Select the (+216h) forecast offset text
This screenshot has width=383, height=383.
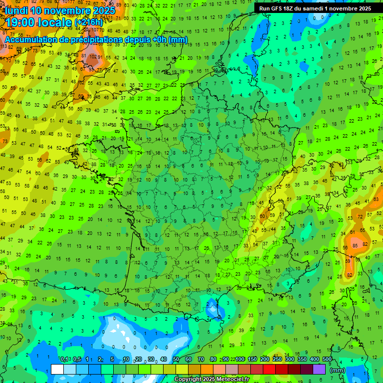tap(89, 23)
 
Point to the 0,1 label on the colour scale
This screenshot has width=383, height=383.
tap(64, 360)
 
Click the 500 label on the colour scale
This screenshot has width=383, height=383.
tap(327, 360)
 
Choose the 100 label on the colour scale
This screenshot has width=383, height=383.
tap(239, 360)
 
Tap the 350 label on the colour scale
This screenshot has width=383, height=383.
tap(302, 360)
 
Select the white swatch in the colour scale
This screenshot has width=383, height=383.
tap(57, 369)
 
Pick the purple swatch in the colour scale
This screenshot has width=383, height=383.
tap(320, 369)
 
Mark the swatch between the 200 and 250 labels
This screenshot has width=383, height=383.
tap(270, 369)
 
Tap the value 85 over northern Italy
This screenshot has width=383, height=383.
tap(355, 245)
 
